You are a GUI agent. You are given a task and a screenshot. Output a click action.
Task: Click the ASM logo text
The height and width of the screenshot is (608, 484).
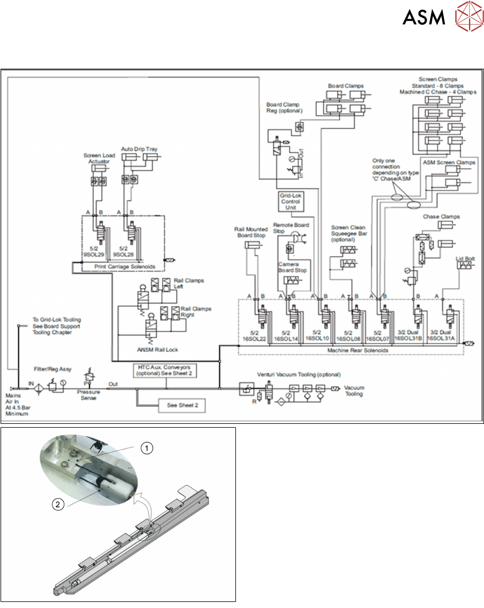pyautogui.click(x=424, y=18)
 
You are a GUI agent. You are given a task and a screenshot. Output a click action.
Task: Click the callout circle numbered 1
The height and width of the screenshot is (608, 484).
pyautogui.click(x=146, y=448)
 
